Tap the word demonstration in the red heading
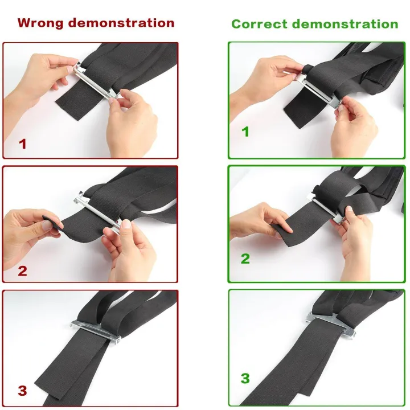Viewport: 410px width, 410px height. pyautogui.click(x=121, y=23)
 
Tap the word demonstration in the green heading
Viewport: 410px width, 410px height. pyautogui.click(x=345, y=24)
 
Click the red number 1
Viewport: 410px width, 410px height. pyautogui.click(x=23, y=144)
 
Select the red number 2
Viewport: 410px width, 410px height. pyautogui.click(x=22, y=271)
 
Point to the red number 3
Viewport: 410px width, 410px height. pyautogui.click(x=22, y=391)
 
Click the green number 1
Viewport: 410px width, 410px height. pyautogui.click(x=245, y=132)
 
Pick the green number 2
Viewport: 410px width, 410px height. pyautogui.click(x=245, y=259)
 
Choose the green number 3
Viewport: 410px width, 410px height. pyautogui.click(x=245, y=378)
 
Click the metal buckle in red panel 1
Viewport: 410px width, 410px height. pyautogui.click(x=96, y=81)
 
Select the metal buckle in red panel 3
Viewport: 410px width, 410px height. pyautogui.click(x=96, y=331)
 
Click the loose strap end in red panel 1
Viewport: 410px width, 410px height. pyautogui.click(x=79, y=101)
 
